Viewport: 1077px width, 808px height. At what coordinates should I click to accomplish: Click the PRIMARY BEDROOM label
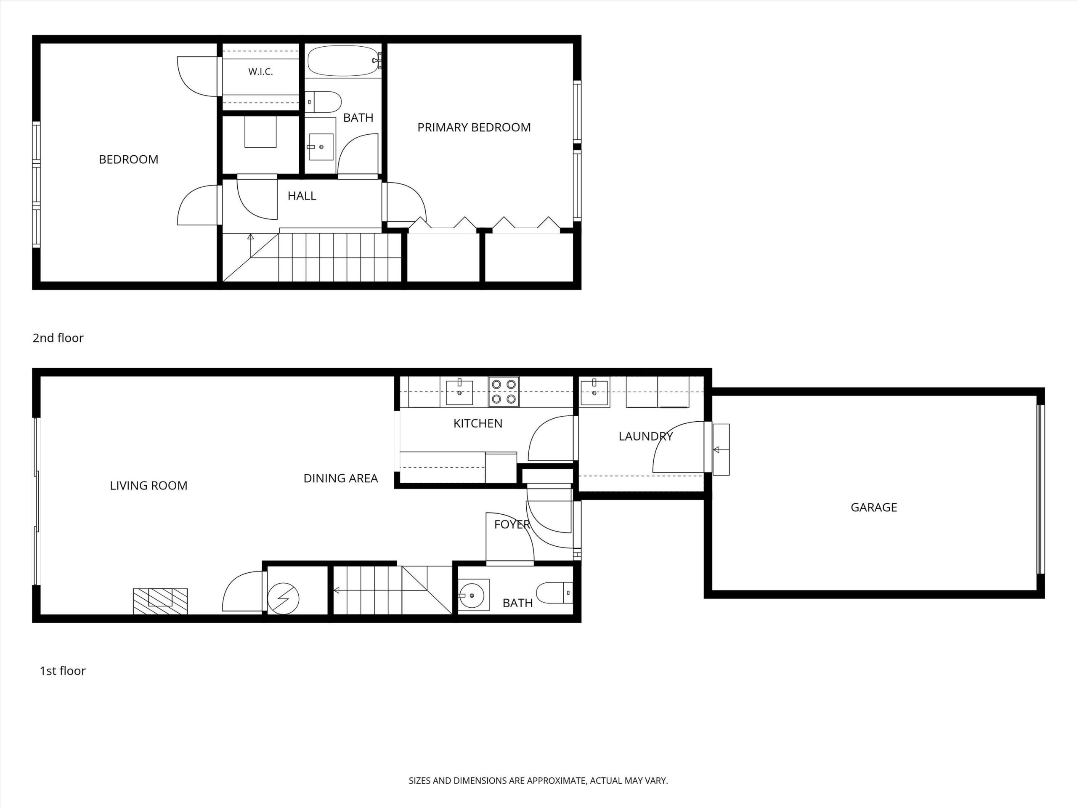point(474,128)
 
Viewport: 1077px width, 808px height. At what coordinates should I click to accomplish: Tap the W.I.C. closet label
point(260,72)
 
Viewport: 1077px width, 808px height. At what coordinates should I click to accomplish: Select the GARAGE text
point(873,508)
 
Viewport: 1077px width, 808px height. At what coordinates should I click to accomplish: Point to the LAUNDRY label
point(646,436)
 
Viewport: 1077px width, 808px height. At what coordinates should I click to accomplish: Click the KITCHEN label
point(477,424)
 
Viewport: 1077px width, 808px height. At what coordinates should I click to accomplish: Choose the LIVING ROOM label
point(149,486)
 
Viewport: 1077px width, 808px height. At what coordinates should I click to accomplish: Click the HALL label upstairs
point(302,196)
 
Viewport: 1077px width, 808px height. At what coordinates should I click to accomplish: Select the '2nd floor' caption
point(58,338)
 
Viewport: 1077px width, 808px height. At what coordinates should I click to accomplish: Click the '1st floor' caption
point(62,671)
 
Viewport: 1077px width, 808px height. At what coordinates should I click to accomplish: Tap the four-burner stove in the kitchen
point(504,392)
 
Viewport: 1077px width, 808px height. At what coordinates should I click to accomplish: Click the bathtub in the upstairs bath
point(343,61)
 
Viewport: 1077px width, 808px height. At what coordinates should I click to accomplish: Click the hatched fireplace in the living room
point(160,601)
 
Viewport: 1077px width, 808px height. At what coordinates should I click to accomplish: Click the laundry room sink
point(594,392)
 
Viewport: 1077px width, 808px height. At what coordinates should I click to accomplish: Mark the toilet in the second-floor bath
point(323,102)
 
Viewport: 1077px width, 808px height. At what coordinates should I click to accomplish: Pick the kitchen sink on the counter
point(459,392)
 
